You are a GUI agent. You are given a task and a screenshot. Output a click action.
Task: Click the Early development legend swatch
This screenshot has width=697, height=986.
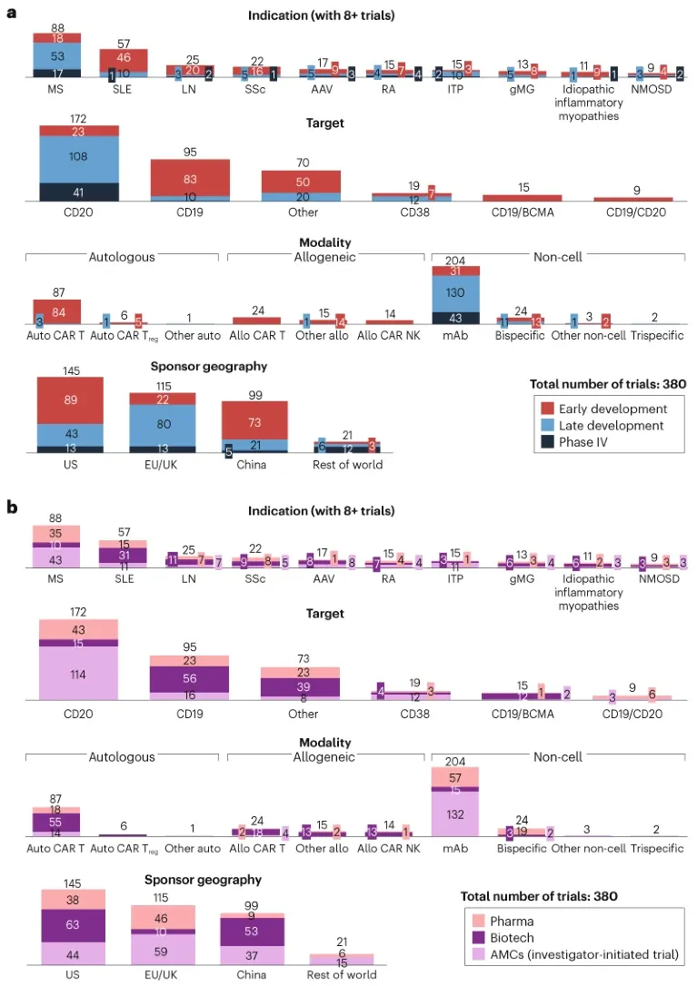tap(552, 408)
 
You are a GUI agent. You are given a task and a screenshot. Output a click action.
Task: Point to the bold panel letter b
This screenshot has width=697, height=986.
tap(14, 507)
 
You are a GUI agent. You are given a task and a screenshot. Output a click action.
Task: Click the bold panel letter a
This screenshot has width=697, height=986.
tap(14, 15)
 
